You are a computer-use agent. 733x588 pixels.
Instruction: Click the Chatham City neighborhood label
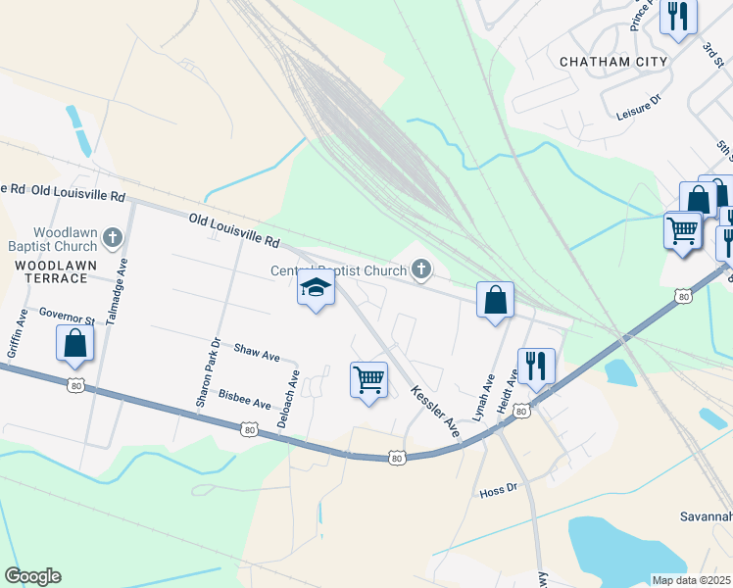click(x=612, y=62)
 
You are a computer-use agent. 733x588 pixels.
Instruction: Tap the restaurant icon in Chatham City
click(x=677, y=17)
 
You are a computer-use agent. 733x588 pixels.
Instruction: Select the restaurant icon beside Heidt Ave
click(x=536, y=366)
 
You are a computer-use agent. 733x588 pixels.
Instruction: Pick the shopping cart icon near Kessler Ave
click(x=368, y=379)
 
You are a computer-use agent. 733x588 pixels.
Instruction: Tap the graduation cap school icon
click(x=316, y=288)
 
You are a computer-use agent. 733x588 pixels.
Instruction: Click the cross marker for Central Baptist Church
click(x=421, y=269)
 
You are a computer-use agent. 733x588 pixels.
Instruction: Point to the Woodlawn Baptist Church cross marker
click(x=113, y=236)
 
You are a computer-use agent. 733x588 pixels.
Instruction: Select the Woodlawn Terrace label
click(x=51, y=271)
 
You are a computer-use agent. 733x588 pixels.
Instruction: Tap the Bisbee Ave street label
click(x=245, y=403)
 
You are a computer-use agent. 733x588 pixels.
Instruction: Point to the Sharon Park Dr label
click(x=205, y=372)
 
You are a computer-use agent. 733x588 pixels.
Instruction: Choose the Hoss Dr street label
click(x=498, y=489)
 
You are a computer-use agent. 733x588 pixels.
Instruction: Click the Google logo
click(x=32, y=576)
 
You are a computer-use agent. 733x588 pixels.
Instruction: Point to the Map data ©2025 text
click(x=692, y=580)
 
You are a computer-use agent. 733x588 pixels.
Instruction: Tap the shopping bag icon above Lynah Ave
click(x=495, y=299)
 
